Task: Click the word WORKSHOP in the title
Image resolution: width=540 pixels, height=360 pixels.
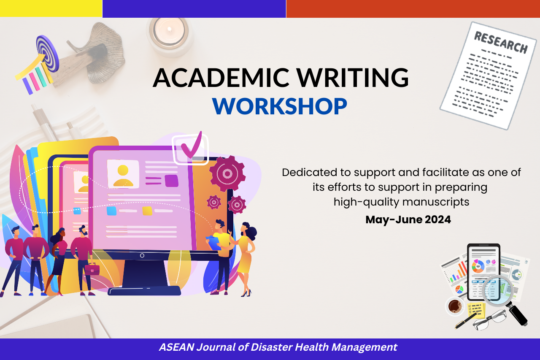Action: click(280, 106)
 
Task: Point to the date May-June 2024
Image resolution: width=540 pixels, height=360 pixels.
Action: click(408, 219)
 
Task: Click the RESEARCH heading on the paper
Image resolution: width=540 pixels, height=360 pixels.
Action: click(500, 42)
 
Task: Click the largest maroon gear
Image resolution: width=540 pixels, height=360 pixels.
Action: click(227, 173)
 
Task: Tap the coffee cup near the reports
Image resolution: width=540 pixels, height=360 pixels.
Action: click(455, 306)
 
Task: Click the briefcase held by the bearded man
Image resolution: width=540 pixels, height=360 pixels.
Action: click(92, 269)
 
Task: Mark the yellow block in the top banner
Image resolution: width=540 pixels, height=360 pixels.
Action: click(51, 8)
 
